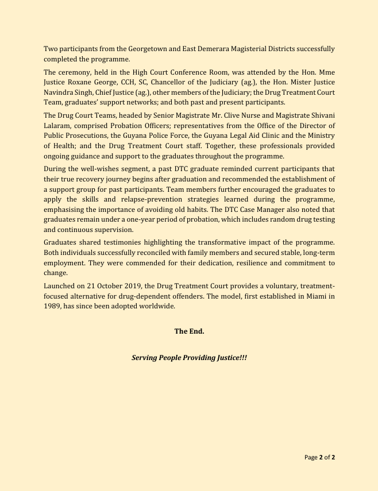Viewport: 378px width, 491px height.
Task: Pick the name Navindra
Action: point(61,92)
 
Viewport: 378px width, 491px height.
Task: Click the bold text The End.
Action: point(189,331)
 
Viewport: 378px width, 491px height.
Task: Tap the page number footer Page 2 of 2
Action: point(319,458)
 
